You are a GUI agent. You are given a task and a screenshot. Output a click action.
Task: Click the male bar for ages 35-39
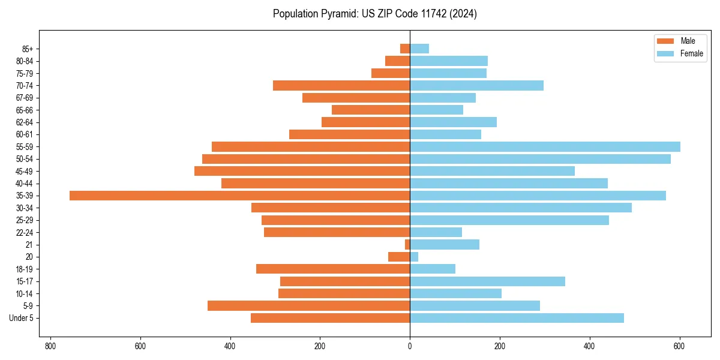(240, 196)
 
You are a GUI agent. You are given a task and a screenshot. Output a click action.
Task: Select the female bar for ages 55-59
(545, 147)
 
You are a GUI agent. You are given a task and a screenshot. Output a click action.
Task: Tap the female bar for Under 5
(517, 318)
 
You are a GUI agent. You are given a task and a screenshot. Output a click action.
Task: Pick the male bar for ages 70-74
(341, 86)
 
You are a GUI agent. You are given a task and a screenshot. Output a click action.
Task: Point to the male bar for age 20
(399, 257)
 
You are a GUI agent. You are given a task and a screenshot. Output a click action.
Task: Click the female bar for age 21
(445, 245)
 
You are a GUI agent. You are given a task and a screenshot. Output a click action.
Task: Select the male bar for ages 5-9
(309, 306)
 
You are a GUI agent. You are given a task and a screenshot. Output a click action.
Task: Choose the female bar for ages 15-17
(487, 281)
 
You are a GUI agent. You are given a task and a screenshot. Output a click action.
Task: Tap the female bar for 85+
(419, 49)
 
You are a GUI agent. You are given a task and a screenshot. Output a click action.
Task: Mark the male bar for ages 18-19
(333, 269)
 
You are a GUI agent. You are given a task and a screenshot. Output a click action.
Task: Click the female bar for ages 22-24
(436, 232)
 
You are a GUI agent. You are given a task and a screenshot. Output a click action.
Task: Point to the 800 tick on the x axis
(50, 346)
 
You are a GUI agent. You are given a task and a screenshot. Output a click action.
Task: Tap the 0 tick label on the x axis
(410, 346)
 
